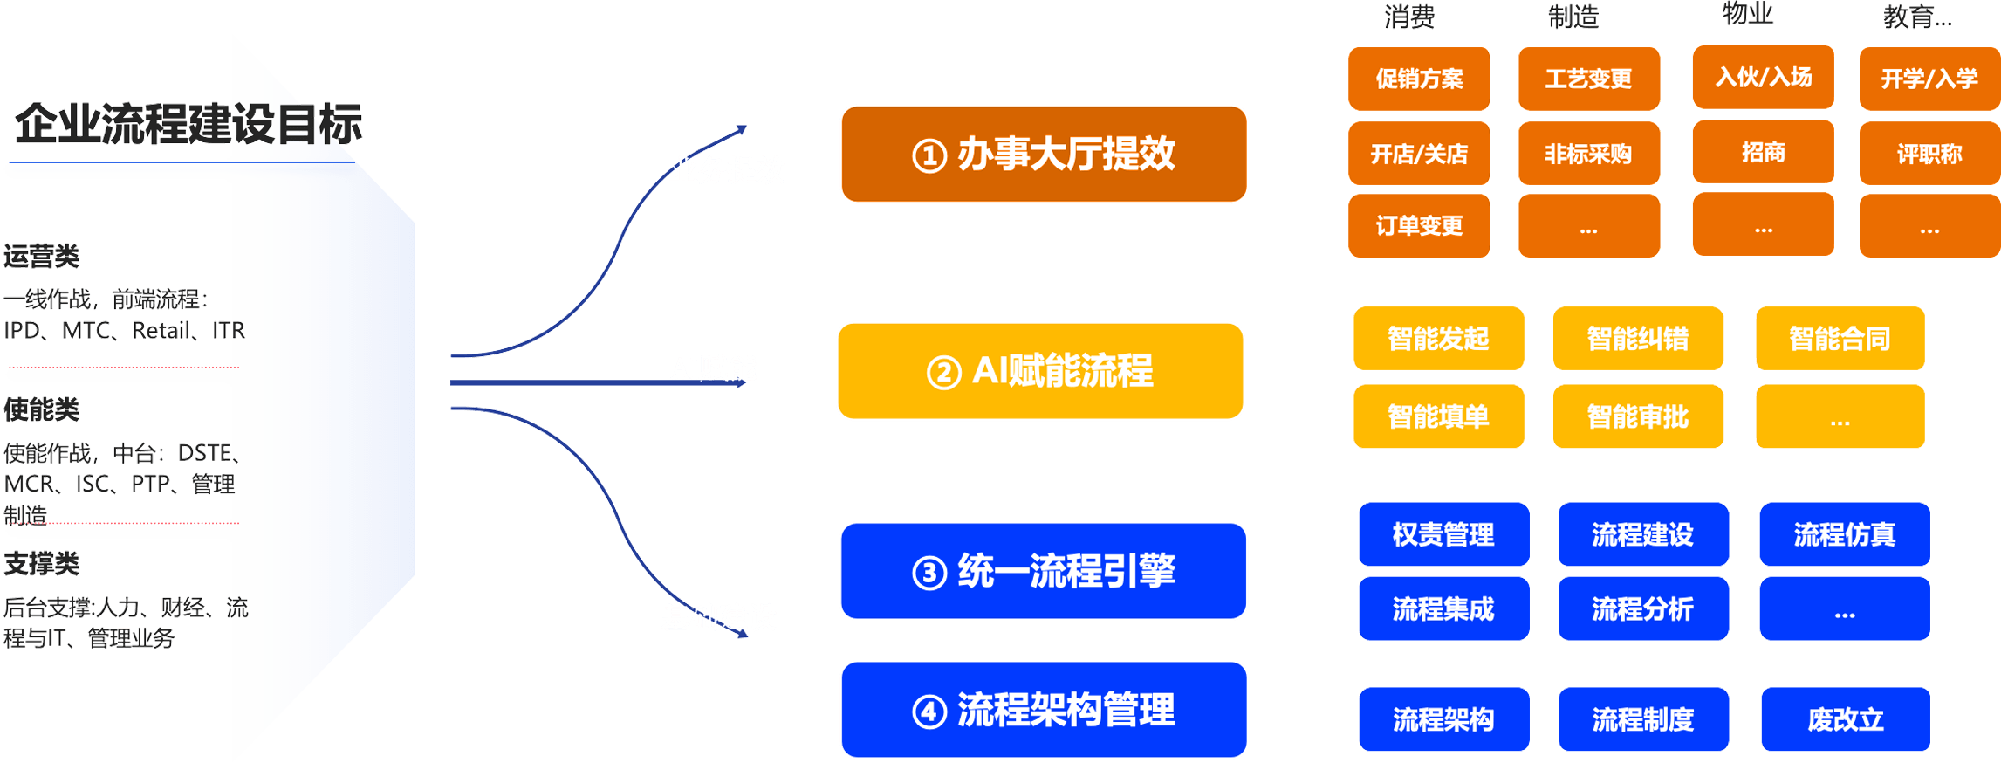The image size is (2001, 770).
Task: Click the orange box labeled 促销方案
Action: (1419, 79)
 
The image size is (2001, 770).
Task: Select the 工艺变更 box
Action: (1588, 79)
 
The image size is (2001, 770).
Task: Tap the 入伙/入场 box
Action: (1763, 77)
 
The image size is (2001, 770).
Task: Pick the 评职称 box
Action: (1929, 154)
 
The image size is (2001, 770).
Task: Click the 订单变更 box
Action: (1419, 226)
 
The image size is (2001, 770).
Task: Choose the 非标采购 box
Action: (1588, 154)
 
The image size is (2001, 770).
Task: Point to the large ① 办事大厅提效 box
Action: (1044, 155)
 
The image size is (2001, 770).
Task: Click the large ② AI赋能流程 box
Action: (1040, 371)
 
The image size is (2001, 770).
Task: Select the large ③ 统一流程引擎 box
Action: (1044, 571)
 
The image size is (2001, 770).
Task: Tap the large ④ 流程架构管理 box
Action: (1044, 710)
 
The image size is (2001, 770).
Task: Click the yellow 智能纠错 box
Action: (1638, 338)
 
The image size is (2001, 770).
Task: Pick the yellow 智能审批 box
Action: (1638, 416)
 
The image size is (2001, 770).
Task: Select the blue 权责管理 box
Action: (1443, 534)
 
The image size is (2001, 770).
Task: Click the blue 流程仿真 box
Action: (1844, 534)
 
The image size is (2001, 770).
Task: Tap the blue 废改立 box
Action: (1845, 719)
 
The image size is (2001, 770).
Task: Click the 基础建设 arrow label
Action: (719, 617)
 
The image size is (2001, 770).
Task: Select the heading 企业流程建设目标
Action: (188, 123)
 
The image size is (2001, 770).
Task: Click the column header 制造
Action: (1573, 16)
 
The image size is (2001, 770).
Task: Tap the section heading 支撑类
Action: (42, 564)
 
